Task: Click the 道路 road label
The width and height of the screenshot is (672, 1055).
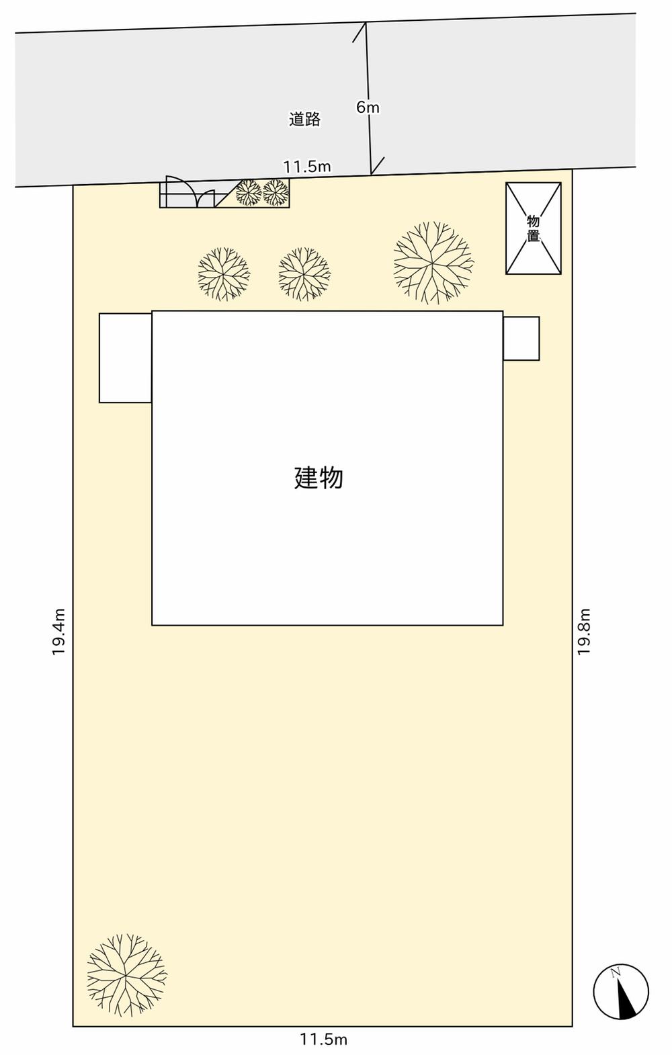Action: tap(304, 120)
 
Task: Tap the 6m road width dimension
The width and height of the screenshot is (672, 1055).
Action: tap(368, 107)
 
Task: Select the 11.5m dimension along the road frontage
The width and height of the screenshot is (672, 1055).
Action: tap(306, 167)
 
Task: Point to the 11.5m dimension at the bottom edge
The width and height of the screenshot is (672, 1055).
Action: tap(323, 1040)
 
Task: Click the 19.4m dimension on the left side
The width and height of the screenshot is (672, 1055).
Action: tap(59, 632)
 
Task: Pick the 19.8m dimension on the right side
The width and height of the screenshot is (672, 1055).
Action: tap(584, 631)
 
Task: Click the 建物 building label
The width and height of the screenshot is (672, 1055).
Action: tap(319, 478)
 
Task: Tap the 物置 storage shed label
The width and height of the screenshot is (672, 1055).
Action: tap(533, 228)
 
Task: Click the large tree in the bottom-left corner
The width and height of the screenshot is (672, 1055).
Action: tap(126, 974)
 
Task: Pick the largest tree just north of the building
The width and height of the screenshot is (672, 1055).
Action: tap(433, 263)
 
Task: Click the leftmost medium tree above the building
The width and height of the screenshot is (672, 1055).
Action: tap(224, 273)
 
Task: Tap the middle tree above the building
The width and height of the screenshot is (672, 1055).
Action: tap(304, 273)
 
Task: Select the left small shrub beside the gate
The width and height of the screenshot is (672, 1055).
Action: tap(249, 193)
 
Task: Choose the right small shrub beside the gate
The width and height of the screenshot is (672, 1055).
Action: tap(276, 193)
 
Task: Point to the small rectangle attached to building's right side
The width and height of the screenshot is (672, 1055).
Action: tap(521, 338)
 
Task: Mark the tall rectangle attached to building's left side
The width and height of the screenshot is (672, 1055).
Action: tap(125, 357)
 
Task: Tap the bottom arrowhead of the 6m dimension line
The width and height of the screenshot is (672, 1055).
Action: tap(372, 171)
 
